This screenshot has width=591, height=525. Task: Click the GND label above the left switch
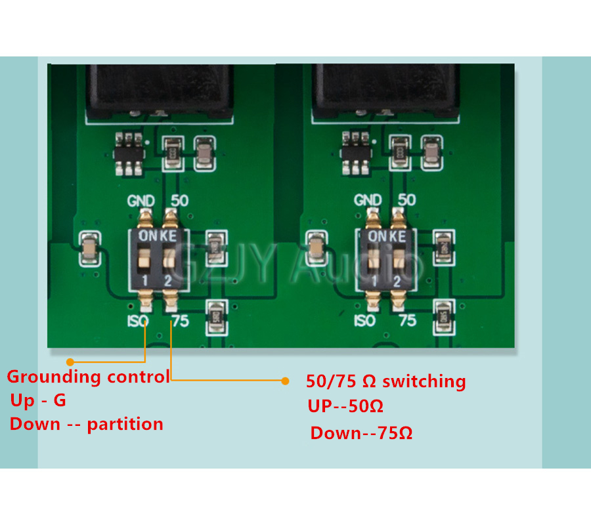coord(141,201)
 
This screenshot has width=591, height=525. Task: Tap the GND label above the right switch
coord(368,200)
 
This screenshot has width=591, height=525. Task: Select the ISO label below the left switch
coord(139,321)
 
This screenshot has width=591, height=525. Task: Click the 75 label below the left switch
coord(179,321)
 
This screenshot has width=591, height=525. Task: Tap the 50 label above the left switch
coord(179,201)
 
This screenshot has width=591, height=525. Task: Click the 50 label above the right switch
coord(406,200)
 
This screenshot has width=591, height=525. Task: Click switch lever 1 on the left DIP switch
coord(145,261)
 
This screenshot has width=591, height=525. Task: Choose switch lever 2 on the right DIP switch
coord(397,261)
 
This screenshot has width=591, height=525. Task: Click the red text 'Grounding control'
coord(88,377)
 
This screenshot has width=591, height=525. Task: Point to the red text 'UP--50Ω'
coord(345,406)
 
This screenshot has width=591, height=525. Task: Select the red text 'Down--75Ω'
coord(361,433)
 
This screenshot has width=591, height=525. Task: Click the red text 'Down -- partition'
coord(87,424)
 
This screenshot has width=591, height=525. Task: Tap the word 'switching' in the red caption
coord(424,381)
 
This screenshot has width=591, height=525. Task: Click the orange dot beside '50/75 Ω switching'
coord(285,381)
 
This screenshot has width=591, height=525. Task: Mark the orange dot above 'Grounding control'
coord(70,362)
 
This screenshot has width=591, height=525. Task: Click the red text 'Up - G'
coord(38,400)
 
